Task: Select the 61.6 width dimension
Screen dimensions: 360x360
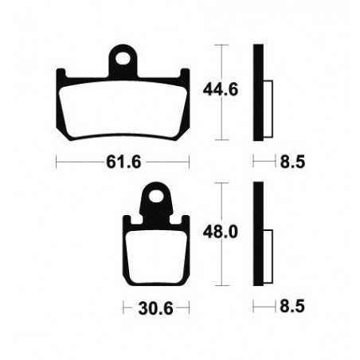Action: click(123, 162)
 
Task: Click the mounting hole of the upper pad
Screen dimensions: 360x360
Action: click(123, 57)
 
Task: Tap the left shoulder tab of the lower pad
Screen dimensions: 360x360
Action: click(127, 224)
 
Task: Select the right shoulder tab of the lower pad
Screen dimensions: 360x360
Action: click(184, 224)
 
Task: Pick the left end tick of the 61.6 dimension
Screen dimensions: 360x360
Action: click(56, 162)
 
